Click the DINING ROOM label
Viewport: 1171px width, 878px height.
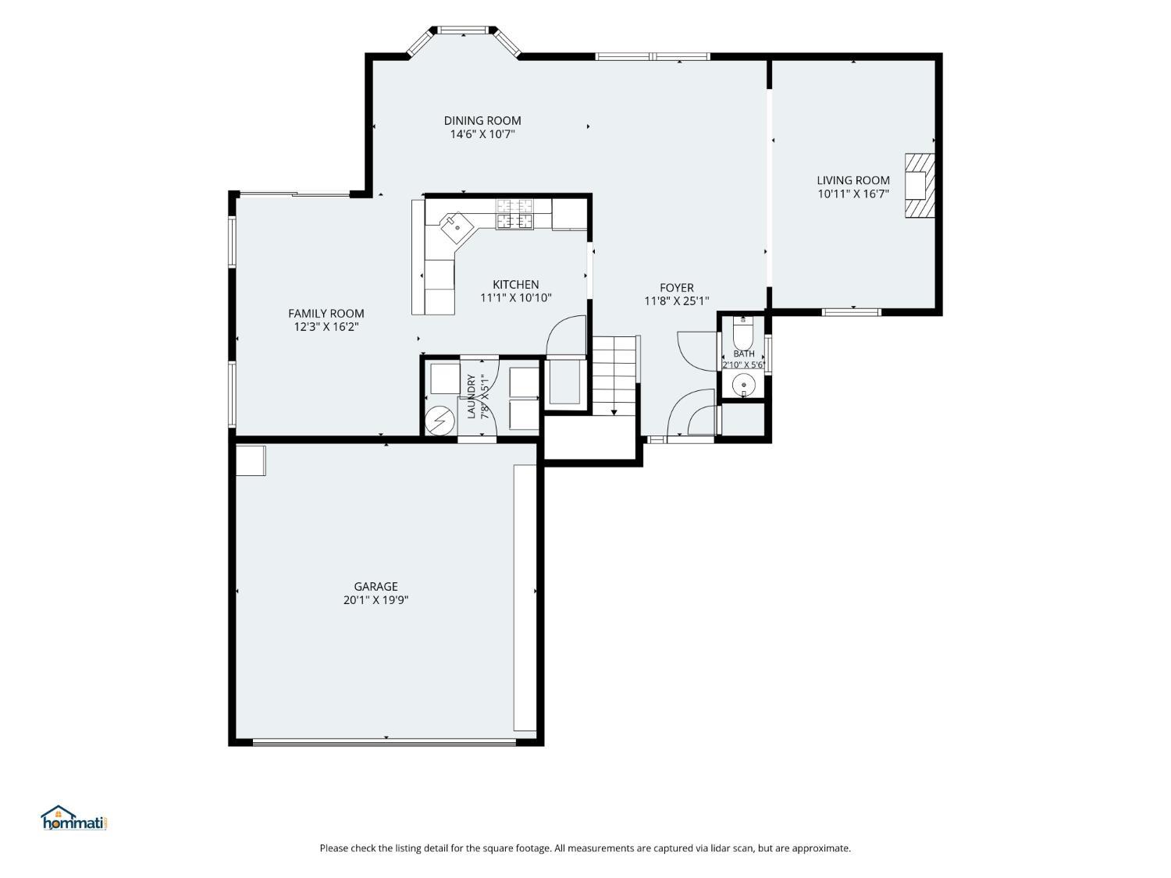pos(482,121)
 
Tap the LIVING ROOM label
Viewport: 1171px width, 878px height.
pos(853,181)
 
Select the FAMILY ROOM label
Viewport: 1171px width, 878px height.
pos(326,314)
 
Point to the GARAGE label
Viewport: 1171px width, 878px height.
pos(376,586)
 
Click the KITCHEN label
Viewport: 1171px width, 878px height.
pos(515,285)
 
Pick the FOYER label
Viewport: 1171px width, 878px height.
pos(677,288)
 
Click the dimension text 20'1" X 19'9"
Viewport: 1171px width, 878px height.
pos(376,600)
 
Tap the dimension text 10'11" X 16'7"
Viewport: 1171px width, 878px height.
pos(853,194)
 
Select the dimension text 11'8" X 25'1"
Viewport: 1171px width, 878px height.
pos(677,301)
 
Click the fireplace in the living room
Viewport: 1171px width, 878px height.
pos(919,186)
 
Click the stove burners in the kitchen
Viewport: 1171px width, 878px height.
pos(514,214)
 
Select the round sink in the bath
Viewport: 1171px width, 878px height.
pos(742,384)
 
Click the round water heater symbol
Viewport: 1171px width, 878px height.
pos(440,421)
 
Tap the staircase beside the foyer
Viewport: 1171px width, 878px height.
pos(614,375)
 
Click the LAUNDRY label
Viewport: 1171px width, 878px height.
pos(471,396)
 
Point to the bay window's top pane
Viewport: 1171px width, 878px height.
pos(462,30)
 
